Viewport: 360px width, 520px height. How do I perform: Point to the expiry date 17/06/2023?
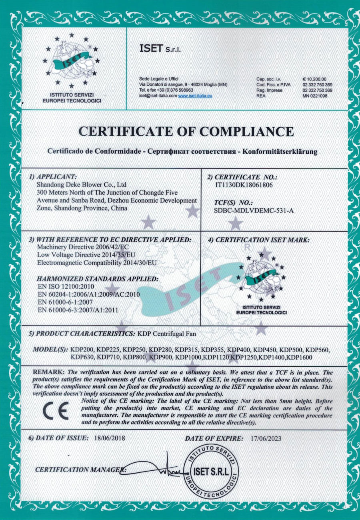264,438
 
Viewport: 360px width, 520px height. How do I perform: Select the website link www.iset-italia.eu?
195,96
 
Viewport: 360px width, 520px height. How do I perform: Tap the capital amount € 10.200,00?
315,79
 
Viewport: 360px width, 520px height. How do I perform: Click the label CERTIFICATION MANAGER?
80,469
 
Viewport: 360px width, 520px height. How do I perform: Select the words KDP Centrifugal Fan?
164,333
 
